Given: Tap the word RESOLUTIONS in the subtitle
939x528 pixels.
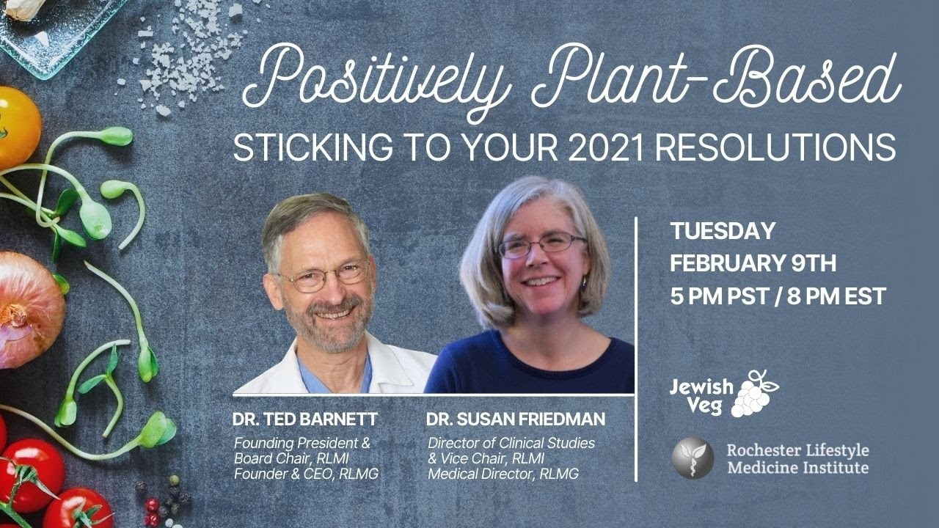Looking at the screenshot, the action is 775,147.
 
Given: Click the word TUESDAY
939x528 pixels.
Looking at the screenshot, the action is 723,231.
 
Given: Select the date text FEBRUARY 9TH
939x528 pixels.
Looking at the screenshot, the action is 753,263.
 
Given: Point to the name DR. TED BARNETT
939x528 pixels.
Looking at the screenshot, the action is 305,419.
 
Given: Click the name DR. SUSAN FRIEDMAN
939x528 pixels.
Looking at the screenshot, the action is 516,419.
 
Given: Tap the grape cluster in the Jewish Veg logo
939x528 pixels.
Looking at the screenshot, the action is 755,394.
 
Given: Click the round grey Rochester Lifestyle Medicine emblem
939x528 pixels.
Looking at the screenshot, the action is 693,458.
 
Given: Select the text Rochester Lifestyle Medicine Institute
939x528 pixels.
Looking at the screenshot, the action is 797,459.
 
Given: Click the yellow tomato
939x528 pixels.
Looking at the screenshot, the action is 19,128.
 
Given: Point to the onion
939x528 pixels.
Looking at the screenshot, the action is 30,310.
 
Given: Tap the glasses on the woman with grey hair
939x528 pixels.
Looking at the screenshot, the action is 541,245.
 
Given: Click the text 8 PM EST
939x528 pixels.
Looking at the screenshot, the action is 836,296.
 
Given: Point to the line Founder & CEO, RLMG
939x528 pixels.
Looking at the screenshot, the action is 306,474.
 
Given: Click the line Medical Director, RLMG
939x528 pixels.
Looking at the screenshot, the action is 503,474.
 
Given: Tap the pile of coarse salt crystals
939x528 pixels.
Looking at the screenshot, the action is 184,54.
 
